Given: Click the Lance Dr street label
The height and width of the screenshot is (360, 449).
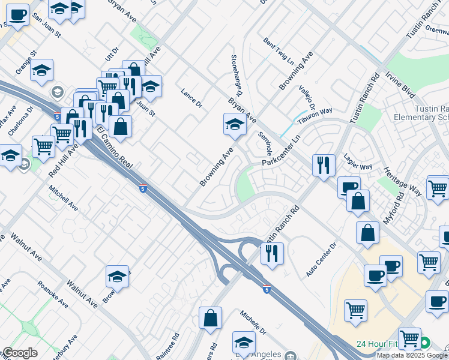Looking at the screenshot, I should pos(192,98).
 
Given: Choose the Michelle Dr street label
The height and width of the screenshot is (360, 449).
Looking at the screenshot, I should pos(253,322).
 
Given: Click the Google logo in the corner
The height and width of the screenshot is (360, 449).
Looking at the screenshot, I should pos(20,353).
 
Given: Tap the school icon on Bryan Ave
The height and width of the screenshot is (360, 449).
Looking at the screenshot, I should pos(235,125).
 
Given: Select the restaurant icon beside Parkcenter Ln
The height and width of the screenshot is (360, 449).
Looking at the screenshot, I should pos(324,164).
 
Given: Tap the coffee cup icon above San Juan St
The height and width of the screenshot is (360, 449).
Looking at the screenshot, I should pos(18,14).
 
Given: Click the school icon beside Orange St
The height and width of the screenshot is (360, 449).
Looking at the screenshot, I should pos(41,70).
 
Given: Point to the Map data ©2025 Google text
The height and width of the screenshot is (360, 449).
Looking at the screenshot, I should pos(412,355).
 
